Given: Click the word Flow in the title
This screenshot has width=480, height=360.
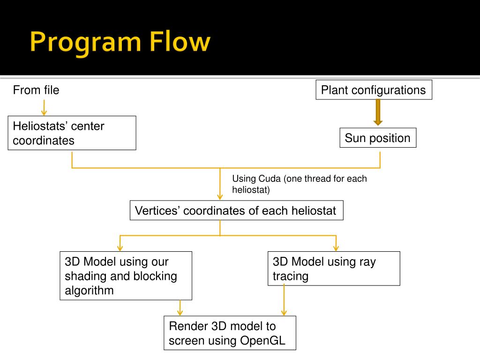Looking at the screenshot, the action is click(180, 41).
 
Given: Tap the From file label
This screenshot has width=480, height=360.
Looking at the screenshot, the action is click(36, 90).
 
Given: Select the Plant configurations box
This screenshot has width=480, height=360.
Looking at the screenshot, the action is click(374, 90).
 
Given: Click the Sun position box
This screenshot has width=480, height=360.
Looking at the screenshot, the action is click(378, 138).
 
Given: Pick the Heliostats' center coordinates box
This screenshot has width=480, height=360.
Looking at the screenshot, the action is click(72, 133).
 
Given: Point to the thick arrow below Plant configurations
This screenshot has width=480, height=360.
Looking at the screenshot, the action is click(378, 112).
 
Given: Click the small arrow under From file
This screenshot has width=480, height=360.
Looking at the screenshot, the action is click(44, 107).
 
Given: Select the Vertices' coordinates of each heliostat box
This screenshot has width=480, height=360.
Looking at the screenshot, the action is click(237, 210).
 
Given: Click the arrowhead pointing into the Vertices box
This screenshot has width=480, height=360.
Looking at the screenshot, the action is click(220, 196).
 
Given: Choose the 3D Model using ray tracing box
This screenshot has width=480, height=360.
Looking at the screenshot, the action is click(334, 269).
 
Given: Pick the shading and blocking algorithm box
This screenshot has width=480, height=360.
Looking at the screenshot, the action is click(126, 276).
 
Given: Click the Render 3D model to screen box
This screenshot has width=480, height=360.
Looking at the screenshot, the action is click(230, 333).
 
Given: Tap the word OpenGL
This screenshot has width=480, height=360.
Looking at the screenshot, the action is click(262, 340).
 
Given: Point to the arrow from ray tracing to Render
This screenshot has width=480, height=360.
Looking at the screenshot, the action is click(284, 300).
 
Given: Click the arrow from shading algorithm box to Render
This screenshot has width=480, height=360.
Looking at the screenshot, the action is click(180, 308).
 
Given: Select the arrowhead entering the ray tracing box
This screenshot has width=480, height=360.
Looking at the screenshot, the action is click(336, 248).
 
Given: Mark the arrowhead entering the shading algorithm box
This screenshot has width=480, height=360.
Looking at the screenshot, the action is click(120, 248).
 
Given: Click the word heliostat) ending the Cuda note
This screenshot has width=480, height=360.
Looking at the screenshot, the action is click(251, 190).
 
